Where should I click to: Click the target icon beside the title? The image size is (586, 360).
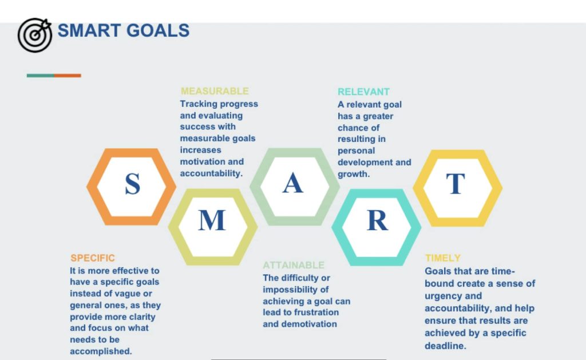point(35,35)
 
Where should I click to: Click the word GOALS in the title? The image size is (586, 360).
point(158,31)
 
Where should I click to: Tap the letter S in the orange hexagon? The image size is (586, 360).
point(133,184)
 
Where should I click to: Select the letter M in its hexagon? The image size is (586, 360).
point(212,220)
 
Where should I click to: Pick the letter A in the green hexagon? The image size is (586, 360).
point(292,183)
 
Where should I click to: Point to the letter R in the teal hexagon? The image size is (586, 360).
point(378,220)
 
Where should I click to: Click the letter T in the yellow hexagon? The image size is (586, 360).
point(456,184)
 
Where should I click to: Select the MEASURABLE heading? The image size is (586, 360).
point(215,91)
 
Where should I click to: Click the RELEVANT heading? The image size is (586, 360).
point(363,92)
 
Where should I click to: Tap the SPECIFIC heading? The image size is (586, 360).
point(93,258)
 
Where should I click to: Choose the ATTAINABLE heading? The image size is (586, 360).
point(294,265)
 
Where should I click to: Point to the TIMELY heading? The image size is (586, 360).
point(443,258)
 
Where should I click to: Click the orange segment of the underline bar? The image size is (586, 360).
point(68,76)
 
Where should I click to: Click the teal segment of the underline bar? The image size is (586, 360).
point(41,76)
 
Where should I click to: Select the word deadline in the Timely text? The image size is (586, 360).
point(445,346)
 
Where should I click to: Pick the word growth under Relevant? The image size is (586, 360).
point(354,174)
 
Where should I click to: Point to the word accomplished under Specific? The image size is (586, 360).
point(101,351)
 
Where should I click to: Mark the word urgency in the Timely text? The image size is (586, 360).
point(442,296)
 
